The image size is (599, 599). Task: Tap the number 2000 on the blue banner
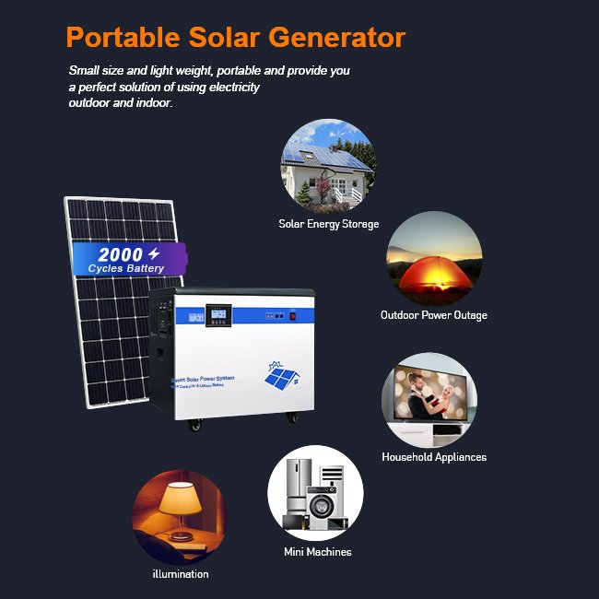121,254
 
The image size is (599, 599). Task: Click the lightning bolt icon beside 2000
154,253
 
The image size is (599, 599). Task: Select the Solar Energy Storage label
329,224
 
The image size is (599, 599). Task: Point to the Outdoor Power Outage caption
433,315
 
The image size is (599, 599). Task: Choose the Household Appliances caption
434,457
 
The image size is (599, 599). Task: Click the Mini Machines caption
317,552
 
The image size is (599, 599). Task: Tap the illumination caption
181,574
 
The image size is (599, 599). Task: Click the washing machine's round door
323,509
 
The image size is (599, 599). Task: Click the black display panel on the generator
217,314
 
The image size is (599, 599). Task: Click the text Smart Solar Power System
204,380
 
